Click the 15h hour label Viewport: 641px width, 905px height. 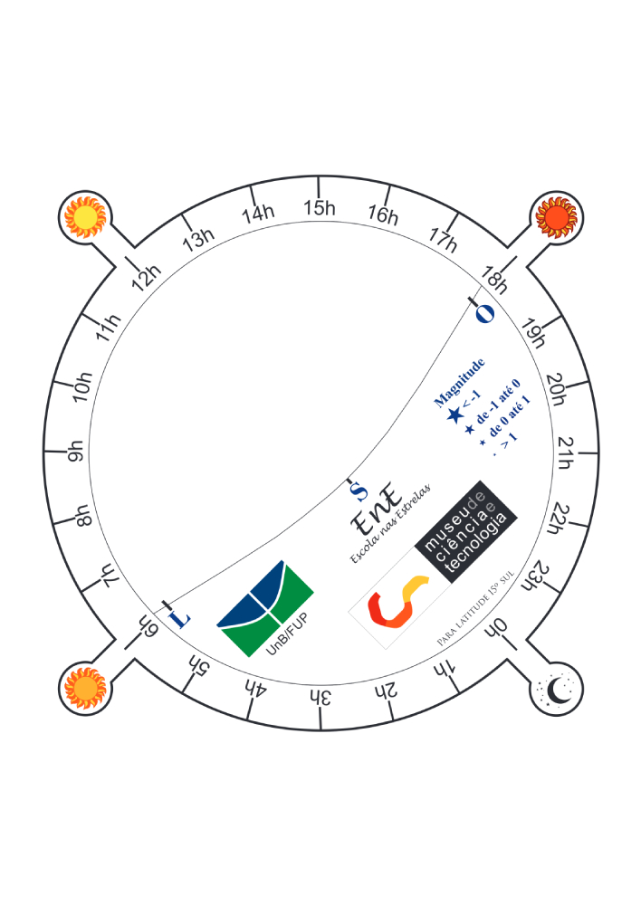pos(320,208)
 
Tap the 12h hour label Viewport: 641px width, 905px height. pos(147,277)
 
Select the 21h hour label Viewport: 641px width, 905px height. pos(566,452)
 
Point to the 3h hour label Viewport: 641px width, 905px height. pos(320,697)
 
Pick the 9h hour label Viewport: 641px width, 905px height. pos(76,452)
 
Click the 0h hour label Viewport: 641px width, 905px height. pos(496,628)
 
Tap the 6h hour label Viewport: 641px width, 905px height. pos(147,625)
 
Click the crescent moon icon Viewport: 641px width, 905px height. pos(558,690)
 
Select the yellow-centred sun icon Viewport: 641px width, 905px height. pos(85,217)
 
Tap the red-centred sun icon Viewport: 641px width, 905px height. pos(556,217)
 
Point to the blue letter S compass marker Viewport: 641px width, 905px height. pos(359,492)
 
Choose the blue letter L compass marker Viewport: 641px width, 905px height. pos(179,618)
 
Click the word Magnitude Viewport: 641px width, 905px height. pos(460,382)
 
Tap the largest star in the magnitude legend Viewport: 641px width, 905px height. pos(455,414)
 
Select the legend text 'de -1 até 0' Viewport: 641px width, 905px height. pos(498,401)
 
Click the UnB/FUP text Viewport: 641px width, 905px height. pos(287,634)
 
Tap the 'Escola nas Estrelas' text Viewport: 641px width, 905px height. pos(390,523)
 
